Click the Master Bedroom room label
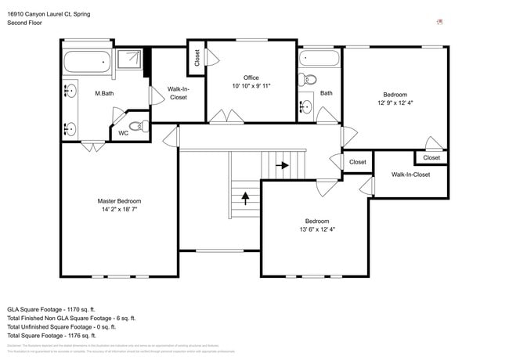tap(119, 201)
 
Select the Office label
tap(251, 77)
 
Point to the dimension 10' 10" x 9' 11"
tap(251, 86)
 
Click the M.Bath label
tap(106, 94)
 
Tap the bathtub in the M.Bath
tap(87, 63)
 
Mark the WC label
tap(123, 134)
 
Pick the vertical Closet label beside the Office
tap(197, 57)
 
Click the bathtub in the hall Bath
tap(319, 59)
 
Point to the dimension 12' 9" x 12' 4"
tap(395, 103)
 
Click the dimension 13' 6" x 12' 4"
tap(317, 229)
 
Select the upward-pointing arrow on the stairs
tap(245, 197)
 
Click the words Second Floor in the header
tap(24, 23)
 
